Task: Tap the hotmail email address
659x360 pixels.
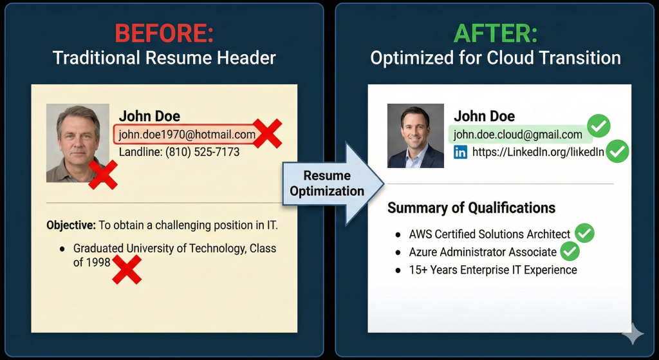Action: click(x=187, y=135)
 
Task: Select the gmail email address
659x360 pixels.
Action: click(x=517, y=135)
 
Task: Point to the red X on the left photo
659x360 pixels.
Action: click(x=103, y=175)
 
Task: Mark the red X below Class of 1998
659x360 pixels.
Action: click(x=127, y=269)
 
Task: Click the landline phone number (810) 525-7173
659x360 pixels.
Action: click(x=202, y=153)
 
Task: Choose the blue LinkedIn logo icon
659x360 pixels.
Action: click(x=460, y=153)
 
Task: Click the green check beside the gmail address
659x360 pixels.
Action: click(x=599, y=127)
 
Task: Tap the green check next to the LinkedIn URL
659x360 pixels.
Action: click(x=618, y=151)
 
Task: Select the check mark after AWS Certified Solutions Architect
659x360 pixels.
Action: click(x=584, y=233)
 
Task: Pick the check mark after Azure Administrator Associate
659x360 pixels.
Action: click(x=570, y=251)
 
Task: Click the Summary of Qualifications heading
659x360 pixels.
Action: click(x=471, y=208)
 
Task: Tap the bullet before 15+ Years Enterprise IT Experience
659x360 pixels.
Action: click(x=398, y=270)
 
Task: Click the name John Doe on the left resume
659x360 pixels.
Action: click(x=149, y=116)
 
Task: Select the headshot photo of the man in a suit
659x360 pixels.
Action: click(x=415, y=136)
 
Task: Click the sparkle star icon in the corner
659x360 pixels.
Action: click(x=632, y=334)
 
